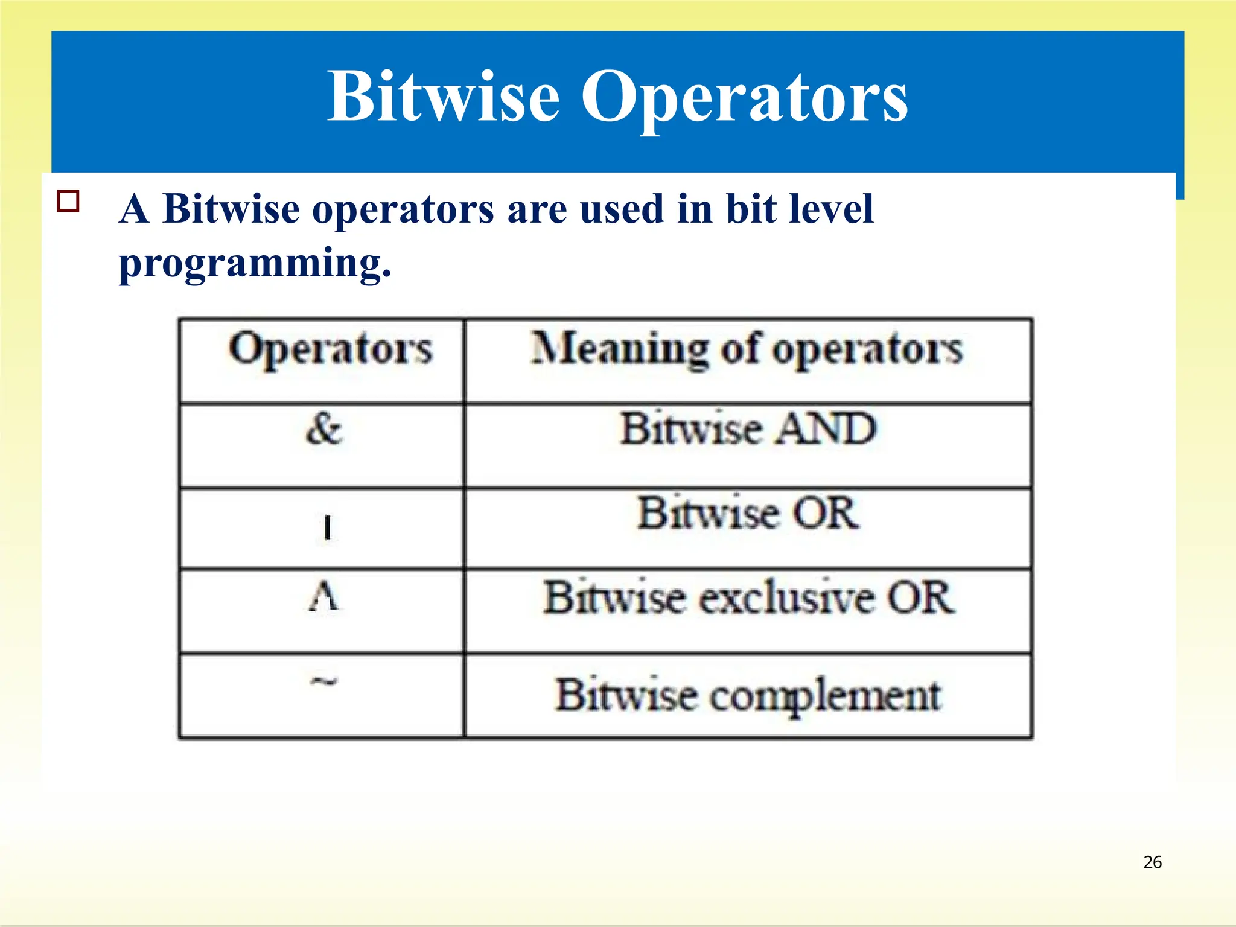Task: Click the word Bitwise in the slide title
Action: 444,97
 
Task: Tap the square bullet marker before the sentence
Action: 68,201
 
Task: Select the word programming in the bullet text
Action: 255,263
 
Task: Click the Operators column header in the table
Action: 330,350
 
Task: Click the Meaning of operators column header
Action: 747,350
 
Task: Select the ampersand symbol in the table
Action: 324,430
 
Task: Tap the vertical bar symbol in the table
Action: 327,527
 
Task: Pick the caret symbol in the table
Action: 324,597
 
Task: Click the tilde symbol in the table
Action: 324,682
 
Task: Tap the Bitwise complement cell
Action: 748,696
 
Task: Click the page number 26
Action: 1152,862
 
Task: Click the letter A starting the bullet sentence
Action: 134,209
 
